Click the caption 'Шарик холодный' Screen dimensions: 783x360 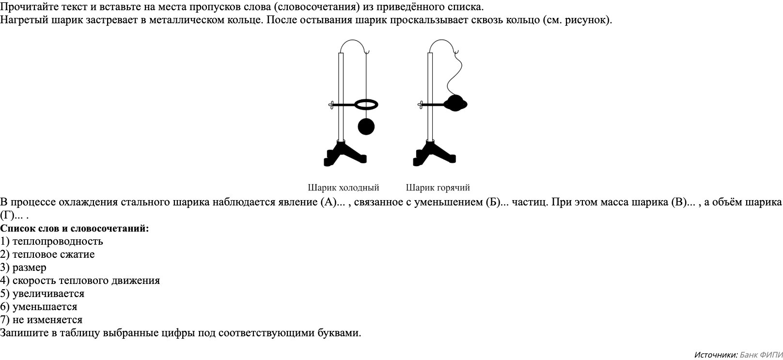coord(343,188)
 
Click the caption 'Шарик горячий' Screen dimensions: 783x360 coord(438,188)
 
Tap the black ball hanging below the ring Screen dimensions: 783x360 coord(366,126)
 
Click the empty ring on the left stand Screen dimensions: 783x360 coord(366,104)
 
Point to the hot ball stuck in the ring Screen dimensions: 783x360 coord(455,103)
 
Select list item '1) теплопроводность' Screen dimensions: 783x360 coord(52,241)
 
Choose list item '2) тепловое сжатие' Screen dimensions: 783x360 coord(47,254)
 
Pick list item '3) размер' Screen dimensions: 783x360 coord(23,267)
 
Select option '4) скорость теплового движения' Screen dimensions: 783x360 coord(80,281)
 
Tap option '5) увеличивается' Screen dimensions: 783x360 coord(42,294)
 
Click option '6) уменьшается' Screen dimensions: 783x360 coord(39,307)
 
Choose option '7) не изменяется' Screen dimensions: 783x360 coord(41,320)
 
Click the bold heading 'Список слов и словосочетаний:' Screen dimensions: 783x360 coord(75,228)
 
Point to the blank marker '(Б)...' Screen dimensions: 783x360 coord(497,202)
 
